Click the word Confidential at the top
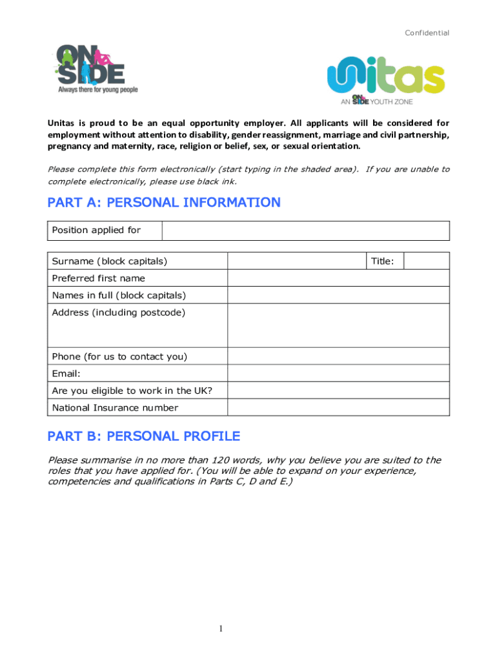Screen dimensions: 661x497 [x=427, y=33]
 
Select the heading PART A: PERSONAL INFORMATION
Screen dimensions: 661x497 [x=164, y=203]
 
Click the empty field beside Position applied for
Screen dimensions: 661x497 [x=305, y=230]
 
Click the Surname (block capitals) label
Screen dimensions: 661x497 [x=109, y=261]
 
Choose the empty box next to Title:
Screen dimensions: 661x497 [x=427, y=261]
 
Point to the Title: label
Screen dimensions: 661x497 [x=382, y=261]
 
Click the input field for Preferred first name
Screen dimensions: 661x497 [x=338, y=278]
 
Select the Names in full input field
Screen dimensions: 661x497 [x=338, y=296]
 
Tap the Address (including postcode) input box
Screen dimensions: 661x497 [x=338, y=325]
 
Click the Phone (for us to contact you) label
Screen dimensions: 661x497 [x=119, y=356]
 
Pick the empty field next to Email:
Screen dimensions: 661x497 [x=338, y=374]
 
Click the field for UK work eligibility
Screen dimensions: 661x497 [x=338, y=391]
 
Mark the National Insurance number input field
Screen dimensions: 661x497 [x=338, y=407]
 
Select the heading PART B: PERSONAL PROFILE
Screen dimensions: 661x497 [x=144, y=436]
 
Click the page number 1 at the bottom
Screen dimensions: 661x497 [x=220, y=629]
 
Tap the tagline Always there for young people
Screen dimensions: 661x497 [x=98, y=90]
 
